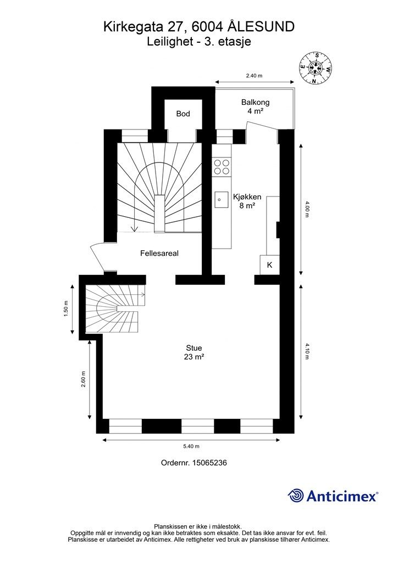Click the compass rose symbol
point(316,68)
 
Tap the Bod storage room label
point(183,114)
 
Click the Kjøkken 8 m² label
point(247,201)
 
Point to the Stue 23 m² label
point(194,352)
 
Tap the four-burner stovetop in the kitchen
point(222,167)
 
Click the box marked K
point(269,265)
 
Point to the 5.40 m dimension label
point(191,446)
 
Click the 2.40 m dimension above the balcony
point(253,76)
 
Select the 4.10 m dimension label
point(307,351)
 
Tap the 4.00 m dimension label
point(307,209)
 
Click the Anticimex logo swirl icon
point(296,496)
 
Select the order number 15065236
point(209,463)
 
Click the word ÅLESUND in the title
point(262,26)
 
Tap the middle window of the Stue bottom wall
point(197,426)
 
